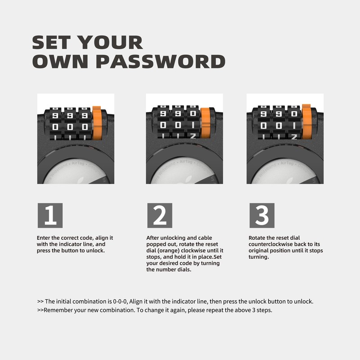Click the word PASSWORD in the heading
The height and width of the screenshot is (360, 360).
point(161,62)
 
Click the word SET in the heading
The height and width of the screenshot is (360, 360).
point(51,42)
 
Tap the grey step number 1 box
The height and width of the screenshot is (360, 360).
point(50,216)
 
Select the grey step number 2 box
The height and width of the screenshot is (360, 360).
point(160,216)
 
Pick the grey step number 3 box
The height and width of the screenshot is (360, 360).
point(262,216)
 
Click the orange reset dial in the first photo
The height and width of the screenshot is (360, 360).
point(97,123)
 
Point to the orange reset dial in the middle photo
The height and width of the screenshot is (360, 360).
point(206,123)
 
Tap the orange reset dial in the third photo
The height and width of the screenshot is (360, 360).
point(306,121)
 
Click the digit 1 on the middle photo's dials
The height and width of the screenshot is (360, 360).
point(193,125)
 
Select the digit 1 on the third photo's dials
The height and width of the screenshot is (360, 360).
point(294,126)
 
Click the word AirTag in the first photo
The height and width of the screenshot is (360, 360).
point(78,163)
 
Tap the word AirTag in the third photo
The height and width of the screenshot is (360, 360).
point(287,163)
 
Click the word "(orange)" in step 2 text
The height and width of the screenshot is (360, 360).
point(168,251)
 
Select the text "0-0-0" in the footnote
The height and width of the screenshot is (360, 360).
point(119,301)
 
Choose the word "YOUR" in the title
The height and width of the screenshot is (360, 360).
point(110,42)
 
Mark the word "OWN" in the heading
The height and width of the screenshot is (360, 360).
point(60,62)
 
